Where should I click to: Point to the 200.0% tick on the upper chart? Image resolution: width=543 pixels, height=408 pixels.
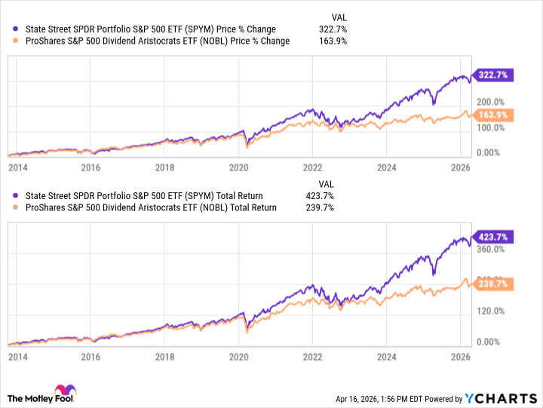[x=488, y=102]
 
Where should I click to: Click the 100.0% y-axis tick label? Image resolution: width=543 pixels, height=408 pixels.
[x=488, y=127]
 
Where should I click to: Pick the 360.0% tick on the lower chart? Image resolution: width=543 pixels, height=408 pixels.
[x=488, y=249]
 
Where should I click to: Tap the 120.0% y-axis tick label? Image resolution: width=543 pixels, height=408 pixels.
[x=488, y=311]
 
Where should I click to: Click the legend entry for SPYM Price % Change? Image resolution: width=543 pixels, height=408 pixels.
[x=151, y=29]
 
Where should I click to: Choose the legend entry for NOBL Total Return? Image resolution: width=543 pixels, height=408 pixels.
[x=151, y=207]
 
